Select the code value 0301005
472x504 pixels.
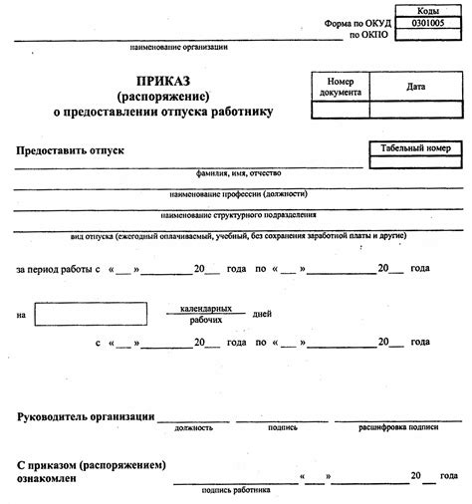click(x=423, y=21)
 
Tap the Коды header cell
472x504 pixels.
click(x=423, y=9)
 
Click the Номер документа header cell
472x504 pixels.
click(x=341, y=87)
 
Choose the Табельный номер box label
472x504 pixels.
click(x=415, y=147)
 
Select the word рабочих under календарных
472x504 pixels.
click(x=207, y=322)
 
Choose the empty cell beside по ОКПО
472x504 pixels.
click(x=423, y=34)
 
